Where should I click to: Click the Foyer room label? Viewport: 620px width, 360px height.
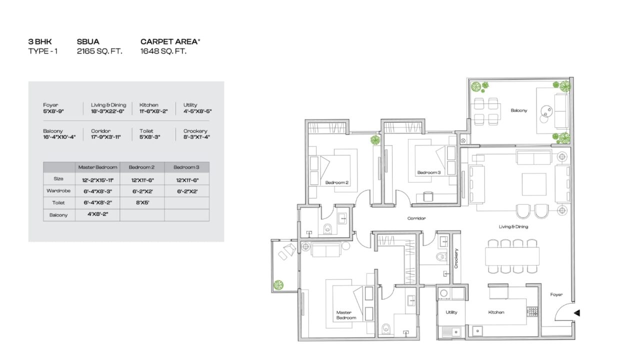coord(556,294)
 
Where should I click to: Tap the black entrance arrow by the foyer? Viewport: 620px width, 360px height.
coord(577,313)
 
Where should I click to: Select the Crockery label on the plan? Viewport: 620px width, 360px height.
coord(456,258)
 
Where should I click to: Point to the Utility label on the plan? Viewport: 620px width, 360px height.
coord(451,312)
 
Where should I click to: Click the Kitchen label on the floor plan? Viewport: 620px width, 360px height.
coord(496,312)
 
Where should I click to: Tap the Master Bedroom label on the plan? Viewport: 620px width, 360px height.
coord(346,315)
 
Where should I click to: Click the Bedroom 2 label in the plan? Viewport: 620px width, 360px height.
coord(337,182)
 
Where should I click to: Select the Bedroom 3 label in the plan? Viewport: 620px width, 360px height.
coord(429,172)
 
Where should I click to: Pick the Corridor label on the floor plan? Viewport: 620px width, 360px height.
coord(416,218)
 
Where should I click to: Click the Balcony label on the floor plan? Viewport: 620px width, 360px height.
coord(519,110)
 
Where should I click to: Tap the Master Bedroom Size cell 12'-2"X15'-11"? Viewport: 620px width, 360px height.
coord(97,180)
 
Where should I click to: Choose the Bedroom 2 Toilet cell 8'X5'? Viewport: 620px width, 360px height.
coord(142,202)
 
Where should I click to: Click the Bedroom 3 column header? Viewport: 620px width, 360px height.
coord(186,167)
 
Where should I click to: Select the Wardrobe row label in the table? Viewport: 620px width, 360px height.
coord(58,190)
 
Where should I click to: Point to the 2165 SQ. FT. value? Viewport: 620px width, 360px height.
coord(99,51)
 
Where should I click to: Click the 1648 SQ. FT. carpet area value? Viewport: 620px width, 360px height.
coord(163,51)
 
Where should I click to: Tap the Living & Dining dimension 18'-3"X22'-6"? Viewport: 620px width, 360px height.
coord(107,111)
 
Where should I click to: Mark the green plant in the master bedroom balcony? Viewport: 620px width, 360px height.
coord(278,285)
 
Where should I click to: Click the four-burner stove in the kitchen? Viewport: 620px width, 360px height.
coord(532,312)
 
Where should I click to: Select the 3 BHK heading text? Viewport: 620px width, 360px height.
coord(40,41)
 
